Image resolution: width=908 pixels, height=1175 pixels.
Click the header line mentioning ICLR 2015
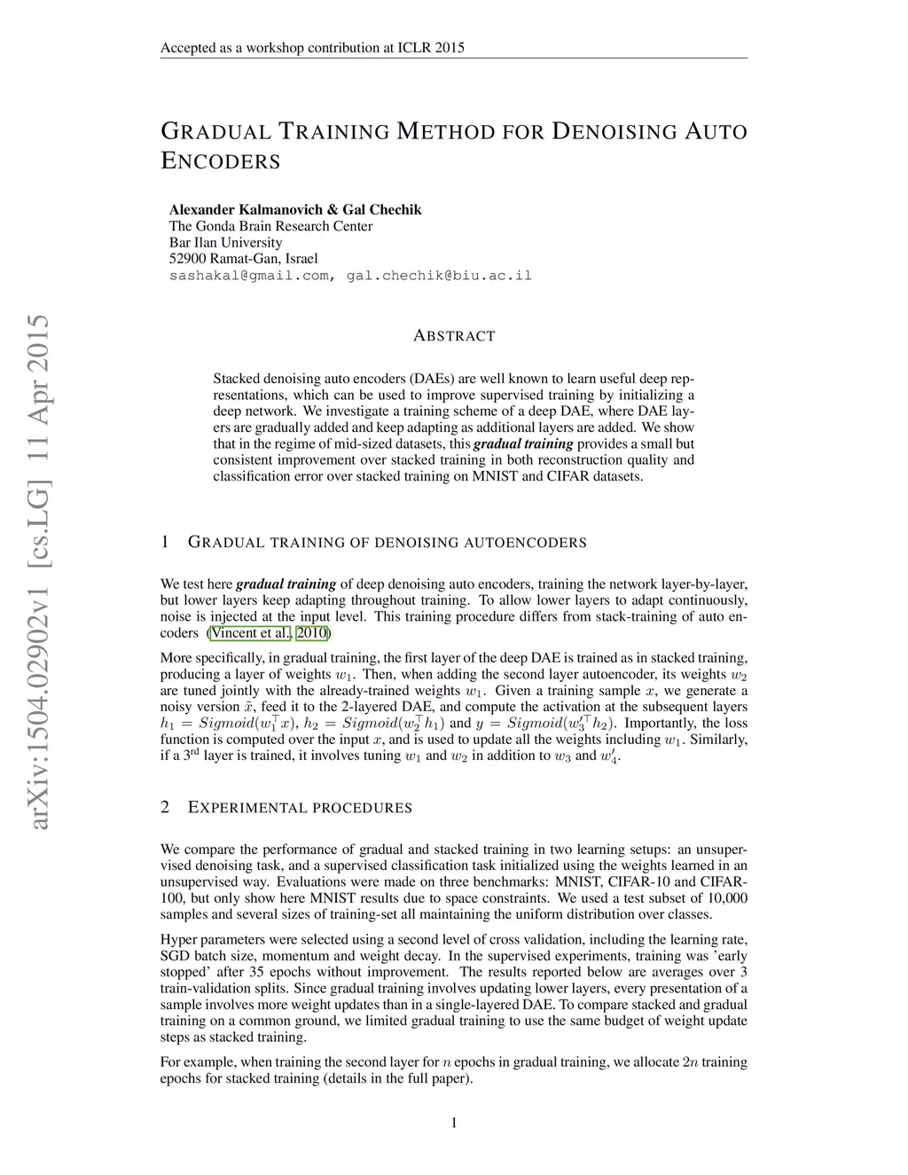pyautogui.click(x=312, y=48)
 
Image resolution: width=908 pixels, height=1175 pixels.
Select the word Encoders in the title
pyautogui.click(x=220, y=161)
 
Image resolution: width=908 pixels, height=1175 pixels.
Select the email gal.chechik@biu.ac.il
pyautogui.click(x=439, y=276)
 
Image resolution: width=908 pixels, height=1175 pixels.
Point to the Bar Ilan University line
pyautogui.click(x=225, y=243)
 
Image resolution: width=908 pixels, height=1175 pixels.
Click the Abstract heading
pyautogui.click(x=454, y=336)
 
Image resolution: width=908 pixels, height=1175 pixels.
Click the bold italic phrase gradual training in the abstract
pyautogui.click(x=523, y=444)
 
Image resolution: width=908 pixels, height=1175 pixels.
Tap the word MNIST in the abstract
pyautogui.click(x=495, y=476)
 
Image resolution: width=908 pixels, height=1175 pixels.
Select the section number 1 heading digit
pyautogui.click(x=165, y=542)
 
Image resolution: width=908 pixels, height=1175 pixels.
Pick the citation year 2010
pyautogui.click(x=311, y=633)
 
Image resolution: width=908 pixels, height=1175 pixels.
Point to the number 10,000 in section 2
pyautogui.click(x=723, y=898)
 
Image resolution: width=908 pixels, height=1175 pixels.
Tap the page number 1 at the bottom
pyautogui.click(x=454, y=1124)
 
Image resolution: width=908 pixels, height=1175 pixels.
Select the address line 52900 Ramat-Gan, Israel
pyautogui.click(x=243, y=259)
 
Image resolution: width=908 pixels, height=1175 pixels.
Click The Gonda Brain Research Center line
pyautogui.click(x=270, y=226)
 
